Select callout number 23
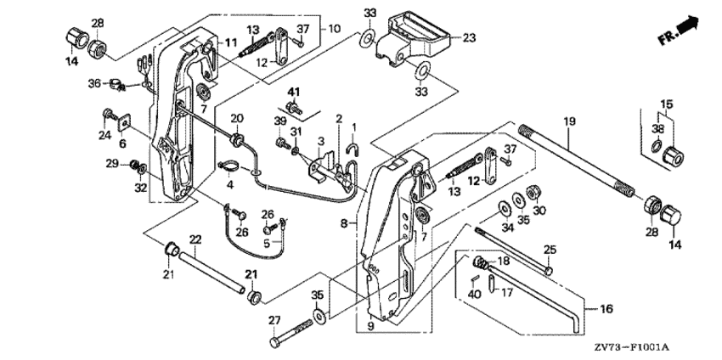point(470,37)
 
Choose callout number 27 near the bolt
point(274,319)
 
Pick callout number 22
point(195,239)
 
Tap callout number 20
point(238,118)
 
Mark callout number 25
point(550,250)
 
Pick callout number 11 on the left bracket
point(231,43)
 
